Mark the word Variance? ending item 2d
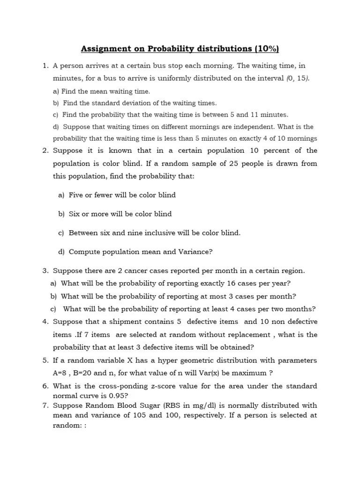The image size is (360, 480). point(195,252)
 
